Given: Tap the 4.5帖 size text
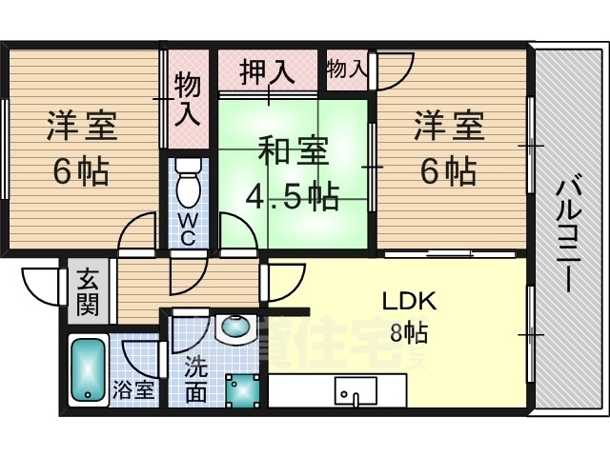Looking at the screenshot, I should click(293, 197).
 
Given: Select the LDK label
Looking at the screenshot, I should click(410, 302).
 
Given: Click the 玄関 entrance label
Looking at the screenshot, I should click(88, 292).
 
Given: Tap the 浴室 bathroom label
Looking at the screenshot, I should click(132, 389).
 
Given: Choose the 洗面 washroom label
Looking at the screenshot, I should click(194, 378).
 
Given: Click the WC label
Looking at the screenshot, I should click(188, 230).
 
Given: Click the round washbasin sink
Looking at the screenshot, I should click(234, 327).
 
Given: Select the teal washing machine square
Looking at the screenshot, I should click(240, 389).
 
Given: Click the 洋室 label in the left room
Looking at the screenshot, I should click(82, 128).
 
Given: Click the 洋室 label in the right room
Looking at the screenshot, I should click(448, 128).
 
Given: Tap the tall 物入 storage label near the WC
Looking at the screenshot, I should click(188, 100).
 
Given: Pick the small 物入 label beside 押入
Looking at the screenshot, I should click(345, 69).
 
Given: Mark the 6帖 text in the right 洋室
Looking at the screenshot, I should click(448, 171).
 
